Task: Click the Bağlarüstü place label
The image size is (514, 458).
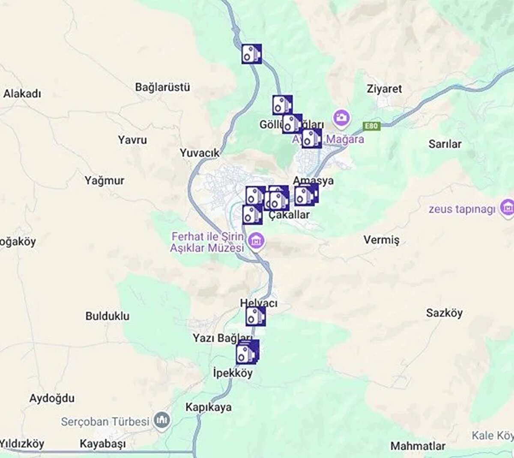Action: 162,87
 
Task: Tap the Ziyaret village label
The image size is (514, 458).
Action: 384,89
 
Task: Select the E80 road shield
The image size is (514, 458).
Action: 371,126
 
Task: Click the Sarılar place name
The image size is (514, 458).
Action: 445,144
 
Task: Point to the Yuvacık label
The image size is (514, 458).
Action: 200,153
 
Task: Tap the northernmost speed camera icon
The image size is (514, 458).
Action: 251,54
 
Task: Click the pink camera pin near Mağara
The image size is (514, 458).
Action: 341,117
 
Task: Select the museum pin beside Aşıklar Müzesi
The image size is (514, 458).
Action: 257,241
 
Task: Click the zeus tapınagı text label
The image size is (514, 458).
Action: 462,209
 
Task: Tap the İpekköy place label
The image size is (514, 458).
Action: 233,373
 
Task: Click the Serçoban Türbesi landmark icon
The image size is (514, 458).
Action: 162,421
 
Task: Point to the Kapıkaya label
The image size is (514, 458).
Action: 208,407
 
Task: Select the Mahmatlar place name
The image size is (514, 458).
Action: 418,446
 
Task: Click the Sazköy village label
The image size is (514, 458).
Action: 444,313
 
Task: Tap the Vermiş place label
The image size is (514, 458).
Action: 381,240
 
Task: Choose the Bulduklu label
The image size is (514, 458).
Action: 107,316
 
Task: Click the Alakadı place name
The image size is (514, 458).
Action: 22,94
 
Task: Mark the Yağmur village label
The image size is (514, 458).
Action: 104,181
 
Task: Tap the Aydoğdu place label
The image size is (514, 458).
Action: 52,398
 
